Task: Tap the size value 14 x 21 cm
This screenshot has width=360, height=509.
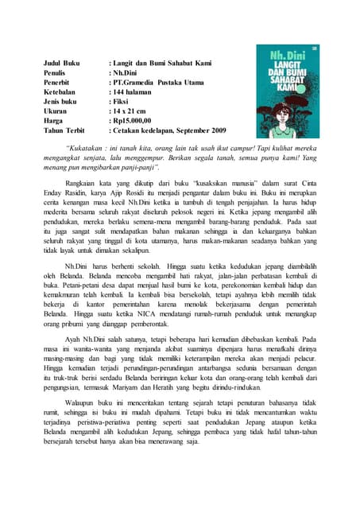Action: point(134,118)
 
